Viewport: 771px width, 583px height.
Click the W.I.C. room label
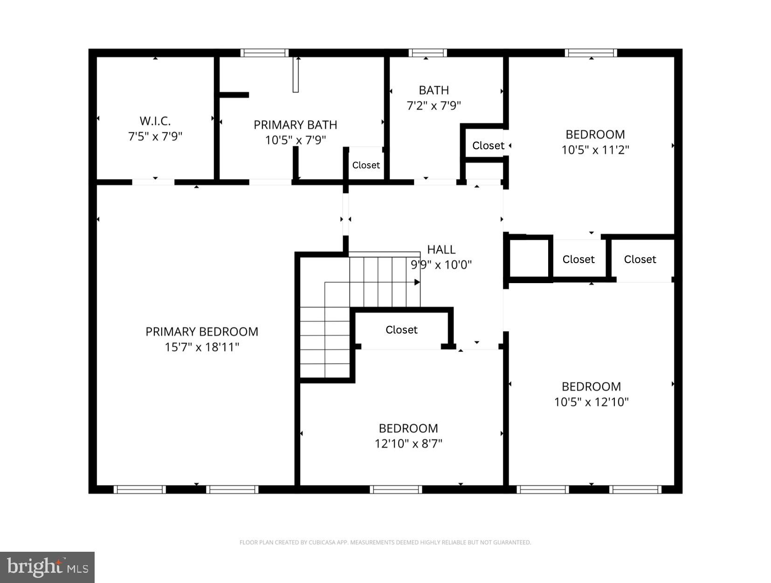coord(155,121)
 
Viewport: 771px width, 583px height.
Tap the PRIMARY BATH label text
coord(295,125)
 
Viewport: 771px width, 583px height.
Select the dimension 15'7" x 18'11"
coord(201,347)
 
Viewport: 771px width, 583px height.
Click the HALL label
coord(441,250)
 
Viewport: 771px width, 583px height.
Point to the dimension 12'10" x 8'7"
coord(408,443)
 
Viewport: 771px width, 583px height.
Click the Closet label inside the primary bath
coord(366,165)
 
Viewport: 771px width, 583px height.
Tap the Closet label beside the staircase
coord(401,330)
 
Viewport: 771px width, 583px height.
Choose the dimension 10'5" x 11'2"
coord(595,150)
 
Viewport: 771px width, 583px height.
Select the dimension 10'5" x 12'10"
coord(591,402)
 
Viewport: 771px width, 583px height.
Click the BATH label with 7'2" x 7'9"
coord(434,90)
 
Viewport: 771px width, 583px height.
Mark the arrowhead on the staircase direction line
coord(417,282)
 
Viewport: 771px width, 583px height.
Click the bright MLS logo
coord(47,567)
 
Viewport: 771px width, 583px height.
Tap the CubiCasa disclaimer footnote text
coord(385,542)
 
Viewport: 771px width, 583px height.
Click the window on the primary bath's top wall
coord(264,53)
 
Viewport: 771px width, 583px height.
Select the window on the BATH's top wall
coord(427,53)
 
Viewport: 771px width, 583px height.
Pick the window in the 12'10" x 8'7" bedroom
coord(396,489)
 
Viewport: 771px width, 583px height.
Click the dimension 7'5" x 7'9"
coord(155,137)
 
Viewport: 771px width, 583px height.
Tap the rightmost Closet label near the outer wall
coord(640,259)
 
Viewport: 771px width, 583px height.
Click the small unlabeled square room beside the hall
coord(529,259)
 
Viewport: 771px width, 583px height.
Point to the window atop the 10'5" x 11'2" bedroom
coord(591,53)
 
